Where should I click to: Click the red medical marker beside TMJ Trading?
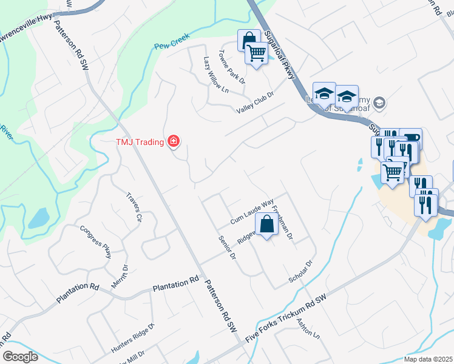point(174,142)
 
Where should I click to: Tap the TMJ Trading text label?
point(140,142)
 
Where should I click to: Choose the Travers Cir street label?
point(134,207)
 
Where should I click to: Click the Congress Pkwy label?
point(96,242)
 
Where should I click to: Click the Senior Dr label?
point(226,248)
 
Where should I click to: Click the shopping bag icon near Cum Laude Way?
point(266,224)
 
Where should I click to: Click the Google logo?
point(20,357)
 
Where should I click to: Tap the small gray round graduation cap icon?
point(380,102)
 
